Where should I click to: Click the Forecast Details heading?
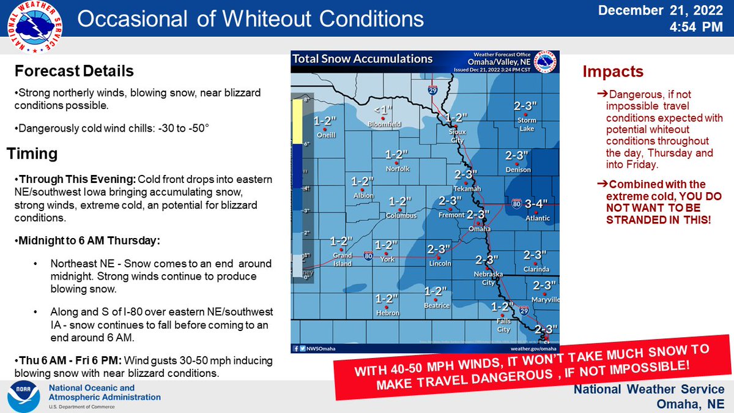pyautogui.click(x=74, y=71)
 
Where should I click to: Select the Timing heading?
pyautogui.click(x=32, y=154)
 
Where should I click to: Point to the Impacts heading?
pyautogui.click(x=612, y=72)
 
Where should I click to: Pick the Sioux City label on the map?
pyautogui.click(x=457, y=135)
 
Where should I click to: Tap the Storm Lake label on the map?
pyautogui.click(x=526, y=124)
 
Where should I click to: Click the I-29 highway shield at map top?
pyautogui.click(x=433, y=90)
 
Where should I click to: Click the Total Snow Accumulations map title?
pyautogui.click(x=363, y=59)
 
